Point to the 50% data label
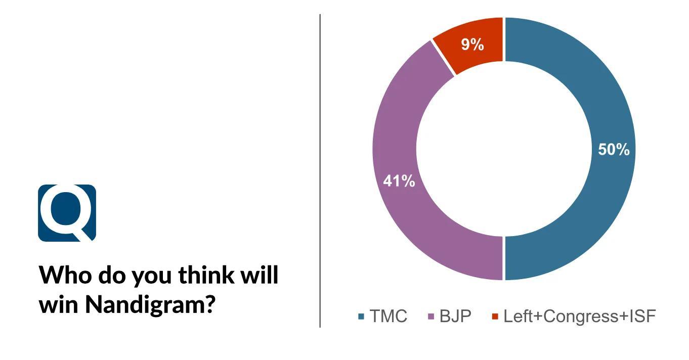point(614,150)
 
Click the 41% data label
point(399,181)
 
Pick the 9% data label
point(472,44)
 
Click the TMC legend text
point(388,317)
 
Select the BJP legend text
point(455,317)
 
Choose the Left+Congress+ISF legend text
point(580,317)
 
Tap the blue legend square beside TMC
point(361,317)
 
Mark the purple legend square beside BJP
point(431,317)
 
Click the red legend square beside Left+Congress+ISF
point(495,317)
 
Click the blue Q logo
point(67,213)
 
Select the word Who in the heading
point(66,275)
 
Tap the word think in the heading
point(206,275)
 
